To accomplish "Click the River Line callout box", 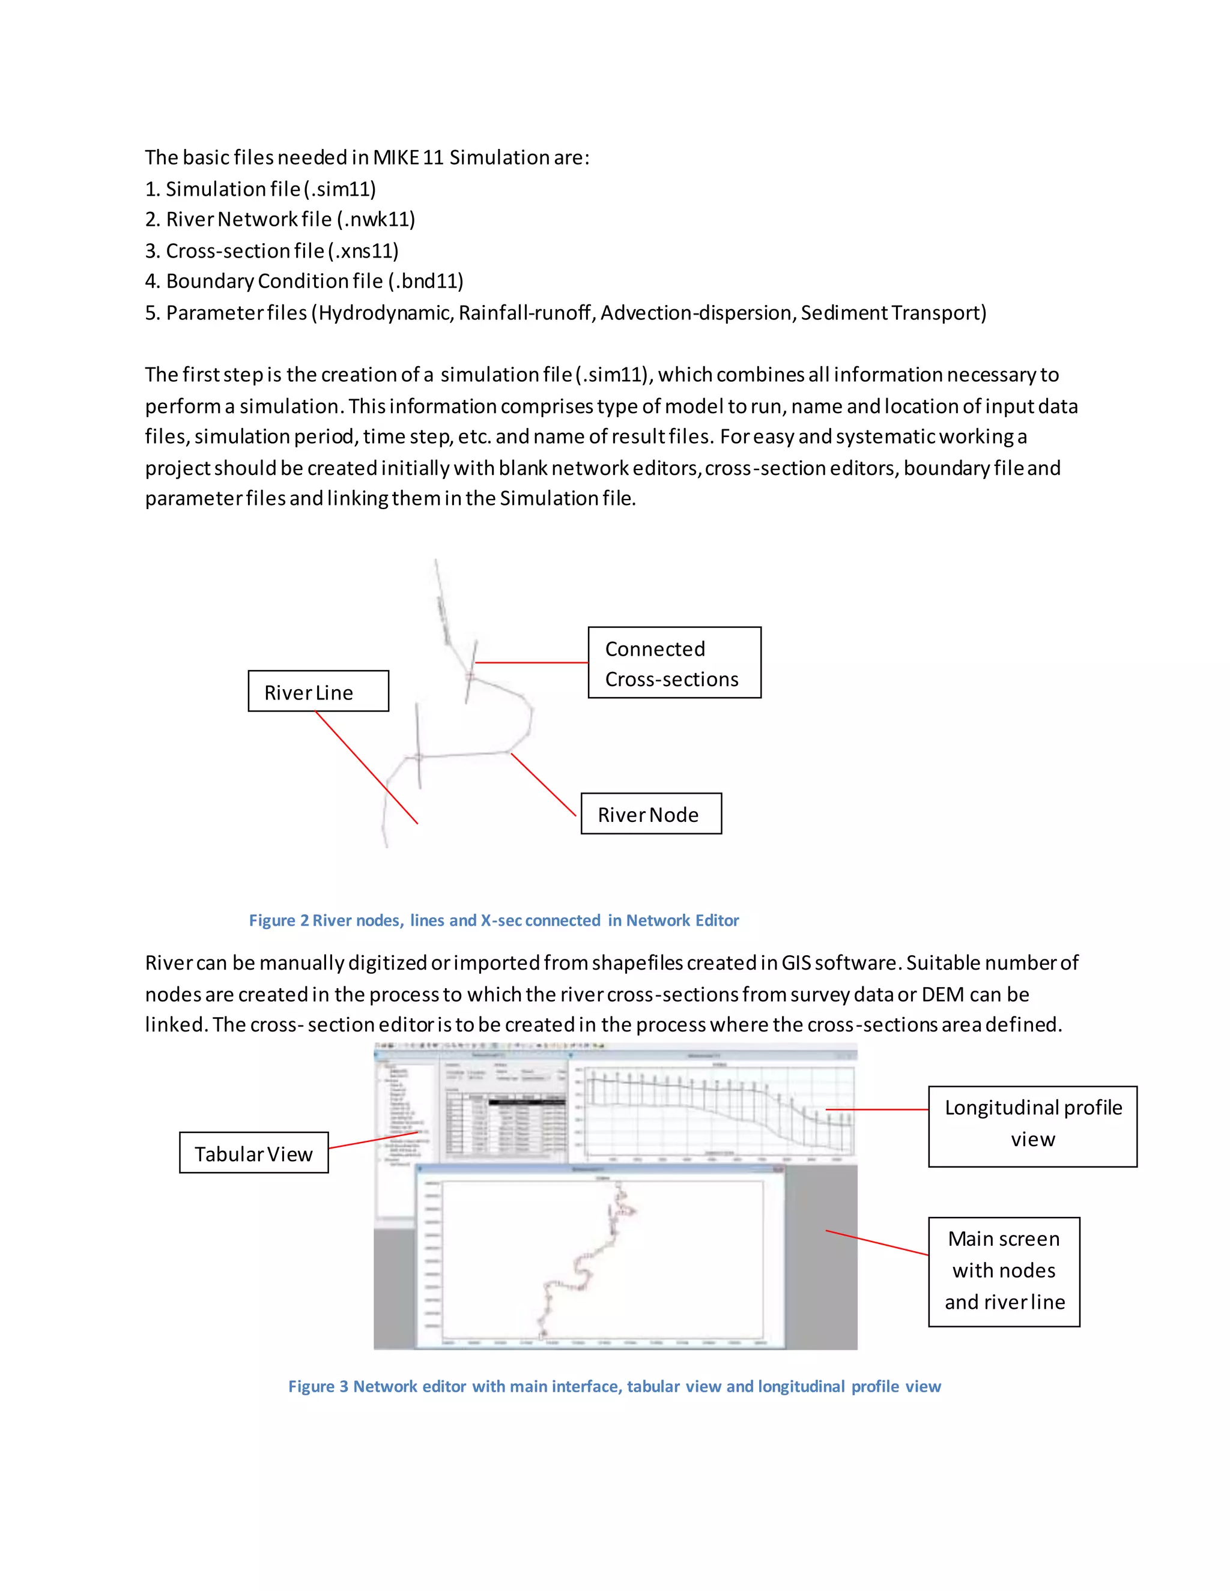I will tap(318, 691).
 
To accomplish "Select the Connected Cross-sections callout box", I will tap(674, 663).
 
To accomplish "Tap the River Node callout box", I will tap(650, 814).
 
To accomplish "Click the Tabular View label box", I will tap(253, 1153).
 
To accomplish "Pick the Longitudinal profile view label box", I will tap(1032, 1123).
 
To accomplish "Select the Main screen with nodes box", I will tap(1004, 1270).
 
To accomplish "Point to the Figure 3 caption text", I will tap(614, 1386).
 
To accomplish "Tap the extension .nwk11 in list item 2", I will tap(377, 219).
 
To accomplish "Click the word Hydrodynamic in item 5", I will tap(386, 313).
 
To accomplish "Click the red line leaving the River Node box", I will tap(543, 785).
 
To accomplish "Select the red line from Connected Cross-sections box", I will tap(532, 662).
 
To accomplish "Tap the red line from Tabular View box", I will tap(374, 1140).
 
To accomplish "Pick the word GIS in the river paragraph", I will tap(796, 963).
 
